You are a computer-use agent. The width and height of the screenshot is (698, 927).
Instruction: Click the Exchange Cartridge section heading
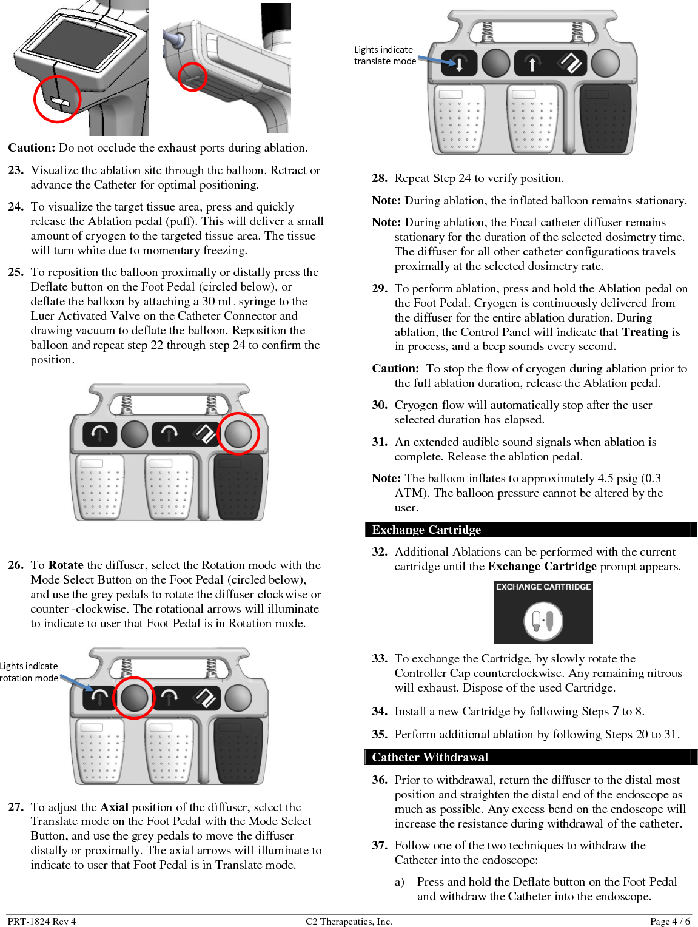point(426,530)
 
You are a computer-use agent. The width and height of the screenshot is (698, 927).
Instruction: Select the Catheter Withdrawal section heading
point(430,757)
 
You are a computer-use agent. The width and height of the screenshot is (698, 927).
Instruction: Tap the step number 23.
point(16,170)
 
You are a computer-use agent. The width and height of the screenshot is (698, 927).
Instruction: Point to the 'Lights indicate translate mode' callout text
point(384,56)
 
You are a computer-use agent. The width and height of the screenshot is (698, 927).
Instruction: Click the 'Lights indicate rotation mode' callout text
point(29,672)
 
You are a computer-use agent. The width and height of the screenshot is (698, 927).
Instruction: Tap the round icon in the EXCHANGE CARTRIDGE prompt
point(543,620)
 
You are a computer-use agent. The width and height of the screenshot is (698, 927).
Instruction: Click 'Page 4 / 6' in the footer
point(669,921)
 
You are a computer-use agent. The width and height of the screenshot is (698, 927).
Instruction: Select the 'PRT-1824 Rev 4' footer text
point(42,921)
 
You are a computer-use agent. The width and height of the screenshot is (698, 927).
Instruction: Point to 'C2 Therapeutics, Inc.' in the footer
point(349,921)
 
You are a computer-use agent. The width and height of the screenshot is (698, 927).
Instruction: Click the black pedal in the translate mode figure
point(605,119)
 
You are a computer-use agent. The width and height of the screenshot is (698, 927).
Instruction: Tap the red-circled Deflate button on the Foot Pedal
point(238,433)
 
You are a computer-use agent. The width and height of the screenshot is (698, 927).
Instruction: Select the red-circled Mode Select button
point(134,698)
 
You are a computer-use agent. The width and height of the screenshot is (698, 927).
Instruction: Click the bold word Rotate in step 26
point(65,565)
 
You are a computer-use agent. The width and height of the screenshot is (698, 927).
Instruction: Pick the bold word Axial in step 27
point(114,807)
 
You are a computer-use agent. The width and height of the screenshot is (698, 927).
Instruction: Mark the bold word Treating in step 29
point(645,332)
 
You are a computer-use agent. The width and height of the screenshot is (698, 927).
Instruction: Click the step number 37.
point(380,846)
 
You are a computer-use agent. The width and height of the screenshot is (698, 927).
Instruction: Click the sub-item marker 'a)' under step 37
point(400,882)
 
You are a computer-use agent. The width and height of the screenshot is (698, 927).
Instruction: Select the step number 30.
point(380,405)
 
